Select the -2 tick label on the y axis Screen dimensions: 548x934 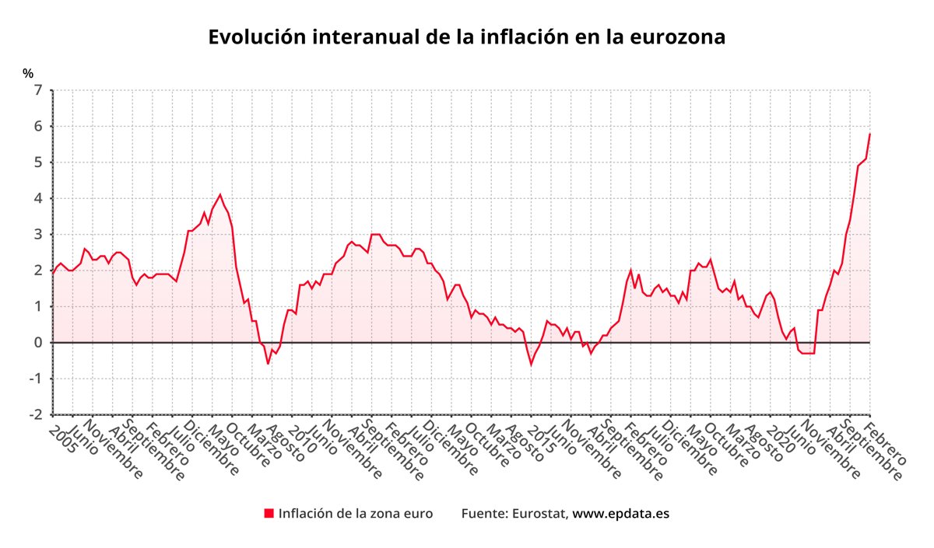point(36,414)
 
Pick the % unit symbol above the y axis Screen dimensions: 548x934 point(28,74)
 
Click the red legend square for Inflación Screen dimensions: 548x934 point(269,513)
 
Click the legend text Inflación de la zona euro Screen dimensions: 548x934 point(355,513)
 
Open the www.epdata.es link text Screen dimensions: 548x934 point(620,513)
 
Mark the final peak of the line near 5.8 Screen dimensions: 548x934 point(869,134)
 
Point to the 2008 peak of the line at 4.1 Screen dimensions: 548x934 point(219,194)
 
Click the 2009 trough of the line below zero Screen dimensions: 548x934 point(268,364)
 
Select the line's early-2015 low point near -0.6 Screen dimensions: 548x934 point(531,365)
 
